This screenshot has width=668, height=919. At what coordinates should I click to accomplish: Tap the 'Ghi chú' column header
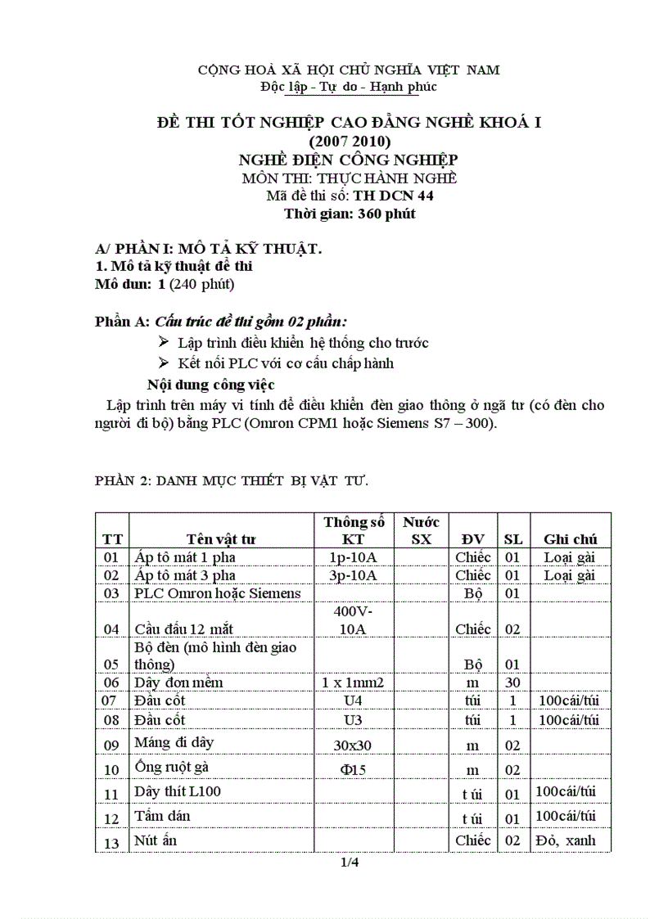click(570, 539)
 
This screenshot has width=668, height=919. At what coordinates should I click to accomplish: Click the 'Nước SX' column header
click(421, 530)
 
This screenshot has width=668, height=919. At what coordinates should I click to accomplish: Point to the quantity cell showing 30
click(512, 682)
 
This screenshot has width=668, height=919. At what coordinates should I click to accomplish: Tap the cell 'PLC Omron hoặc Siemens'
click(217, 593)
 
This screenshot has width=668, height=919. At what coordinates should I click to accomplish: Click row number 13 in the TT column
click(111, 843)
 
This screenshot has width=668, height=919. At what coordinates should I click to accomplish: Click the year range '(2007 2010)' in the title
click(350, 141)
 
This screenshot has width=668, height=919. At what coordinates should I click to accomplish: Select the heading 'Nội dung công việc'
click(210, 384)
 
